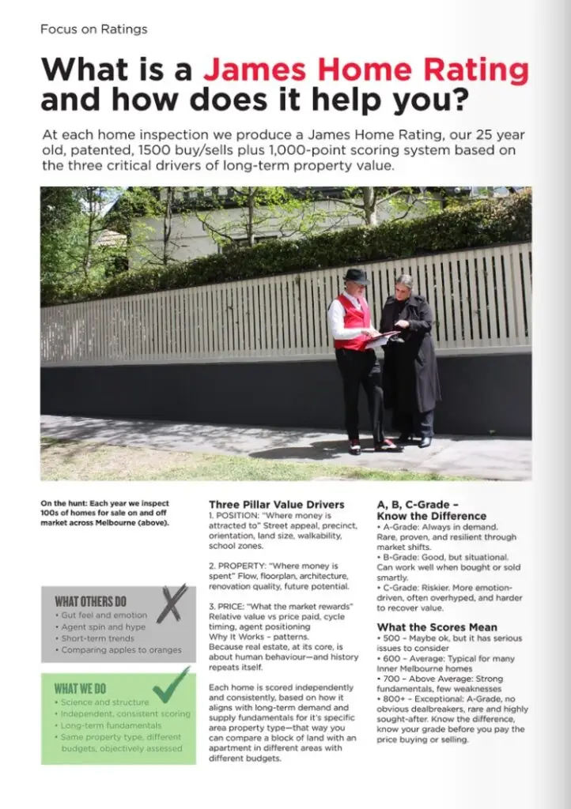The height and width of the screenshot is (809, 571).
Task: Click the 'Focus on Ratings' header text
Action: click(x=93, y=29)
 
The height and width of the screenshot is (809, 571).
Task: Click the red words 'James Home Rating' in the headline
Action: click(x=365, y=70)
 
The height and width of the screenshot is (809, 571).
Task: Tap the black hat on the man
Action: click(x=357, y=276)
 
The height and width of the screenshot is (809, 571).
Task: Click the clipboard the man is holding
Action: click(x=382, y=337)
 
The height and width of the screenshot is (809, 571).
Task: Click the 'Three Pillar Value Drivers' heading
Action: click(x=276, y=504)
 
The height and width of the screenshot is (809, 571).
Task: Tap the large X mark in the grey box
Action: click(x=172, y=604)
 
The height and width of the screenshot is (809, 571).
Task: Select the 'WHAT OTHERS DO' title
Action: click(x=90, y=601)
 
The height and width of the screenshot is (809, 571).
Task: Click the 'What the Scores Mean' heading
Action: click(x=437, y=627)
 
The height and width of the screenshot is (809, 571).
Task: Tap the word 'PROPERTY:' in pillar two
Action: click(x=238, y=566)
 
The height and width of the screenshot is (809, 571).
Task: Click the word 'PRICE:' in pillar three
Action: click(x=231, y=606)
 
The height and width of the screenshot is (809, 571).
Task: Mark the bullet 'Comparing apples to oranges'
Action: click(x=122, y=649)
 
